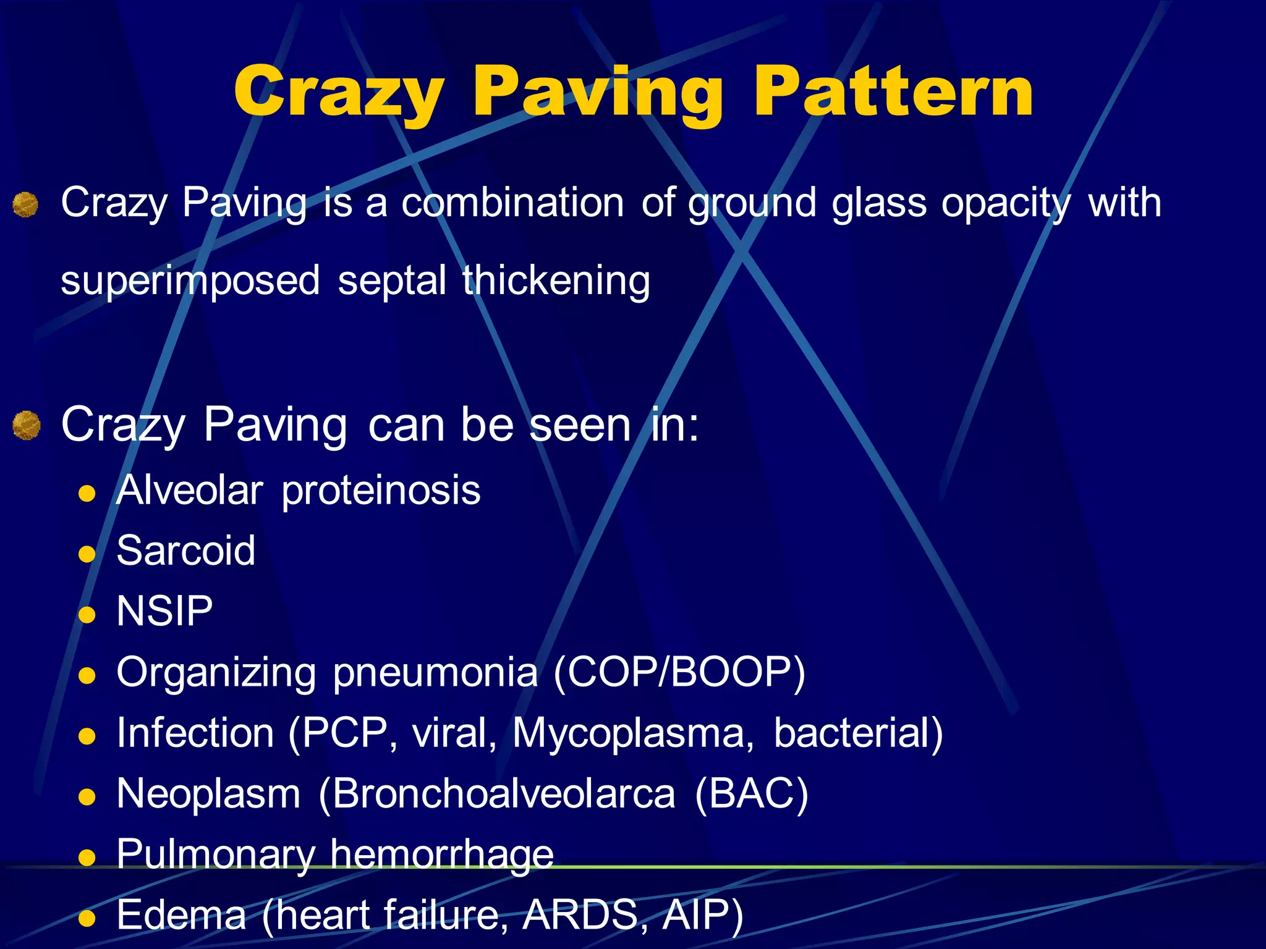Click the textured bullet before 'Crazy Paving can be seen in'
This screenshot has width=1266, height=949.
tap(27, 426)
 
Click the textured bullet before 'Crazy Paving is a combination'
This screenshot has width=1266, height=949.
tap(25, 205)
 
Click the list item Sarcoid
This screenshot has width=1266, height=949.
tap(185, 550)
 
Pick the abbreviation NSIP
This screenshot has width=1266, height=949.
tap(164, 611)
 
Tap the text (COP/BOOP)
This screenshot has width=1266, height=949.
tap(679, 672)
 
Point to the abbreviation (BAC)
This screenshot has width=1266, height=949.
tap(751, 794)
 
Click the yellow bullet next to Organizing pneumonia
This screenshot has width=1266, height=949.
tap(87, 675)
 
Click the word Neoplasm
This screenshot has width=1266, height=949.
tap(208, 794)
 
